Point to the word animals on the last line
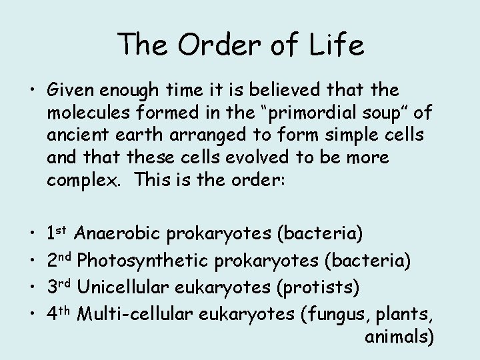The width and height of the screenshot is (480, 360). pyautogui.click(x=399, y=337)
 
